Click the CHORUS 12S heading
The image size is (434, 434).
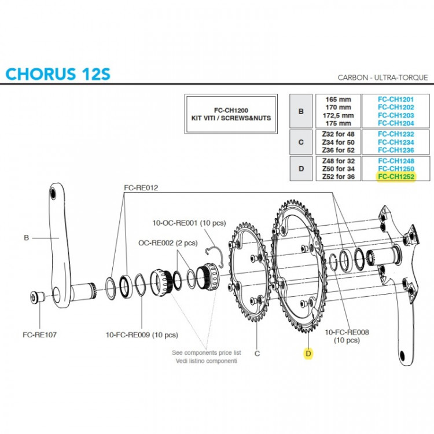58,74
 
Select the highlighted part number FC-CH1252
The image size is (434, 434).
396,176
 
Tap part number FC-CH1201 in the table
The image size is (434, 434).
396,100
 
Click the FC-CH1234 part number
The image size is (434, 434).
396,142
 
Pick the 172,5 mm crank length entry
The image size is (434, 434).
339,115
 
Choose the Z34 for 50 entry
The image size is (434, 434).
339,142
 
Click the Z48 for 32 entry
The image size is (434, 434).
339,161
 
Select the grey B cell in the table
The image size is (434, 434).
301,111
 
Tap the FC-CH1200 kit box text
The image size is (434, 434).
231,114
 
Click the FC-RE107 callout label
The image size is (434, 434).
39,335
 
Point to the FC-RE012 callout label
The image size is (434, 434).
141,187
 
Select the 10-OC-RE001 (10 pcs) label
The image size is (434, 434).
189,223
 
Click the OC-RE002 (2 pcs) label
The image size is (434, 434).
168,243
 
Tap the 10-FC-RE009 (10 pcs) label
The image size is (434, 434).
142,335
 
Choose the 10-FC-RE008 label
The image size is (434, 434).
347,332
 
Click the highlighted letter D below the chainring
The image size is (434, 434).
308,354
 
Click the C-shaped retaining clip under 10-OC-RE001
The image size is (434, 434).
215,255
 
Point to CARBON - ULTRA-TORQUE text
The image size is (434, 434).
383,78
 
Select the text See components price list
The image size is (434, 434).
207,352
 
